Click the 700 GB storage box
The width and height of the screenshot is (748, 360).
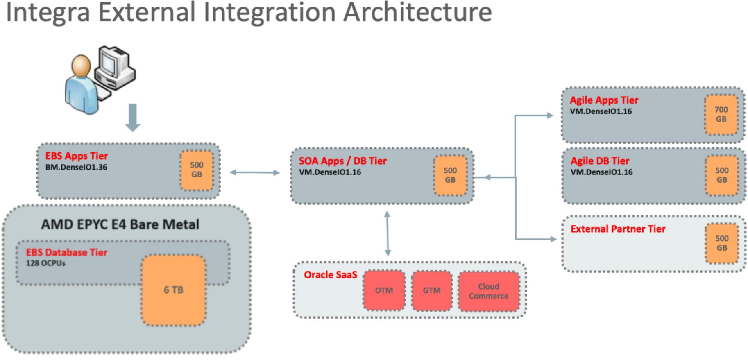point(721,115)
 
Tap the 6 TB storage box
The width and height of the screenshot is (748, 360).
point(174,290)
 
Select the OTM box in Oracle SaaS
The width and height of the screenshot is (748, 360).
point(384,290)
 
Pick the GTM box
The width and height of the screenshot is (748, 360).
point(432,290)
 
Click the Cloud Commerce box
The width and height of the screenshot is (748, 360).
point(489,291)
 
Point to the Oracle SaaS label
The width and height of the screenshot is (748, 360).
point(330,275)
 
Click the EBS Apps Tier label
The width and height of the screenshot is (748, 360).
point(77,156)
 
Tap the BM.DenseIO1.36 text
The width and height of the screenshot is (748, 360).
point(76,167)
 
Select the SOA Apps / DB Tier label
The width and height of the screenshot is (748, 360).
point(342,161)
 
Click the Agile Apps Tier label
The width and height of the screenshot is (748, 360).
point(604,100)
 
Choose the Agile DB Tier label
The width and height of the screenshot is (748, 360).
point(600,161)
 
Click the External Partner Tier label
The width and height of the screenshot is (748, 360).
point(618,229)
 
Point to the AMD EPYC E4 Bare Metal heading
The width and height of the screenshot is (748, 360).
point(120,224)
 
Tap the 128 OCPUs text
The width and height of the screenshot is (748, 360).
point(46,263)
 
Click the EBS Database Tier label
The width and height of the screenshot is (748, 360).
point(67,252)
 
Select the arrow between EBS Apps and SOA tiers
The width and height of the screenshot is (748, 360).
point(255,173)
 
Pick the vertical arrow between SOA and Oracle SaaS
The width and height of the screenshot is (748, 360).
point(388,233)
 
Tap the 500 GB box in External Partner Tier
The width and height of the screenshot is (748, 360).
point(721,243)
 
